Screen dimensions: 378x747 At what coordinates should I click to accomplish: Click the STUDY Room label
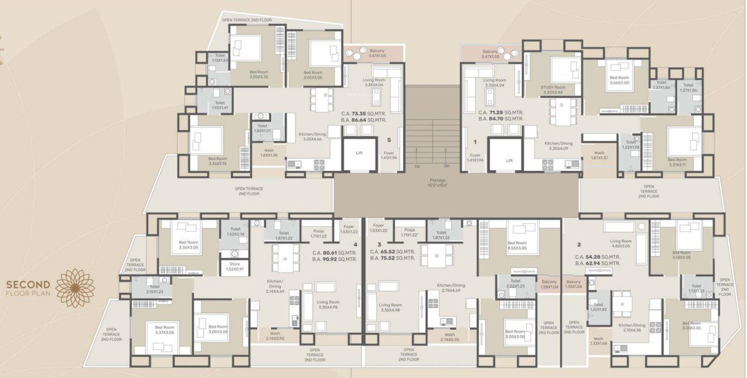[x=553, y=89]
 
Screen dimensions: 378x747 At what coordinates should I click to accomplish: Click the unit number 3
[x=379, y=245]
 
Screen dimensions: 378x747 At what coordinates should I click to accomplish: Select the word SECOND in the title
[x=28, y=285]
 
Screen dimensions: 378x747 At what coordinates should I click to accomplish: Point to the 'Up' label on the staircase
[x=417, y=166]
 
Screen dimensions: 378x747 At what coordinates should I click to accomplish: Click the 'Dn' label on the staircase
[x=446, y=166]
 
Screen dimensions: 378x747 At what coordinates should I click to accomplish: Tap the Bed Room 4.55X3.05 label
[x=517, y=245]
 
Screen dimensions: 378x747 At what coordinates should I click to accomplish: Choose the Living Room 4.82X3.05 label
[x=621, y=243]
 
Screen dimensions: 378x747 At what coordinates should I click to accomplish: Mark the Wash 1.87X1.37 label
[x=599, y=155]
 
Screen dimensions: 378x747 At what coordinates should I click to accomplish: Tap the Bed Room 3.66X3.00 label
[x=619, y=80]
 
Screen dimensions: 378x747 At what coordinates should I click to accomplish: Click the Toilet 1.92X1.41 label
[x=220, y=105]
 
